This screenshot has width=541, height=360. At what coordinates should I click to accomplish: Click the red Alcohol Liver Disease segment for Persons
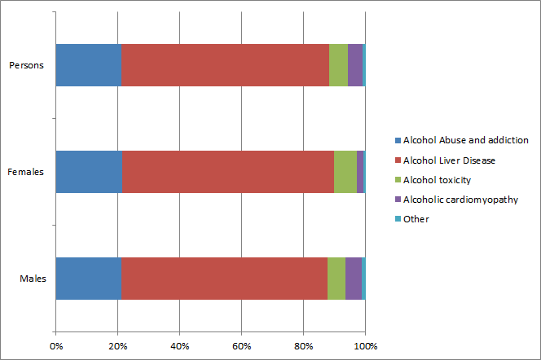(x=225, y=64)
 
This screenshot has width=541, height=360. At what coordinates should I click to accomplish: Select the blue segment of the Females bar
(x=89, y=172)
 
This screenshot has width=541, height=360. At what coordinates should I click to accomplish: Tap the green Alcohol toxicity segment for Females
(x=345, y=172)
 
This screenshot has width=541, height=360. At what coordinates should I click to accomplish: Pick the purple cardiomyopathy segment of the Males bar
(x=353, y=279)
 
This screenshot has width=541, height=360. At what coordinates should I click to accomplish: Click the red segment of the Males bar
(x=224, y=279)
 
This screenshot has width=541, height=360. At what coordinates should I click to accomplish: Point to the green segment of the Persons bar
(x=338, y=64)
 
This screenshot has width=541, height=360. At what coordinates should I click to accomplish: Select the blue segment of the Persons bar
(x=89, y=64)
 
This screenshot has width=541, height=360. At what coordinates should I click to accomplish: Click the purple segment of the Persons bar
(x=355, y=64)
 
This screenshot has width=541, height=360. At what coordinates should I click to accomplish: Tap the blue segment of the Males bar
(x=89, y=279)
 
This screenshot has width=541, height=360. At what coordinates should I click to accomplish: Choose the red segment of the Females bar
(x=227, y=172)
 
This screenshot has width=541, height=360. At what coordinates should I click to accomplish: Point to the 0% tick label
(x=56, y=347)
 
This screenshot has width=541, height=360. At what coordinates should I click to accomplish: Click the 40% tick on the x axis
(x=179, y=347)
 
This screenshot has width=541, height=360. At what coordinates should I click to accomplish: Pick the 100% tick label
(x=365, y=347)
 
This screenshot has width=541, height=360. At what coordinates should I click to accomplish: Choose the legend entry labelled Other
(x=416, y=218)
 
